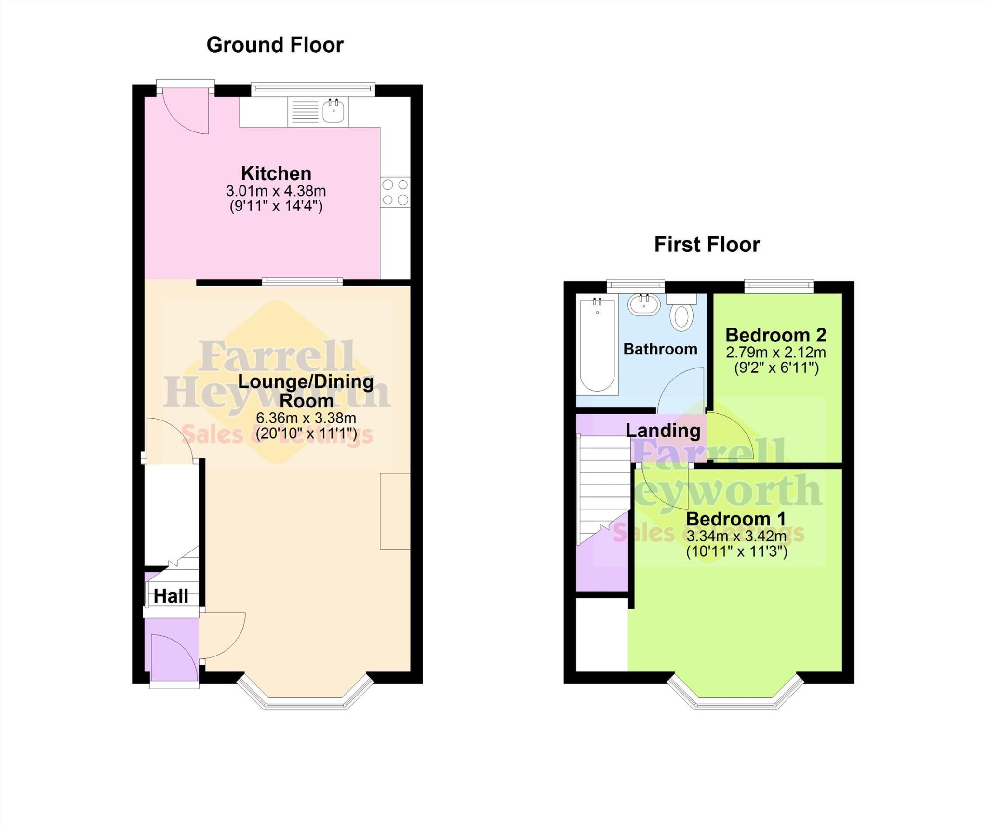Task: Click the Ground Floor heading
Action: tap(275, 45)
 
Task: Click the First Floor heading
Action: tap(707, 245)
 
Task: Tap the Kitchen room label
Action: tap(276, 173)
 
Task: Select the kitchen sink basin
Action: tap(333, 111)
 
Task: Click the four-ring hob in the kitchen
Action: tap(395, 192)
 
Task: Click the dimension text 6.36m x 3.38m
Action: tap(306, 418)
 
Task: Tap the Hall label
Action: tap(171, 596)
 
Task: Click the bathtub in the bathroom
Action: tap(597, 346)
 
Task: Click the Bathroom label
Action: tap(660, 349)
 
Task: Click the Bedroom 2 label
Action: tap(775, 335)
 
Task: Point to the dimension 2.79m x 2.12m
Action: tap(775, 353)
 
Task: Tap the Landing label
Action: tap(663, 431)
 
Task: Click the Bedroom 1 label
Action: tap(735, 519)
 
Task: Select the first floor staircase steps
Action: tap(604, 486)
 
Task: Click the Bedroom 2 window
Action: tap(779, 286)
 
